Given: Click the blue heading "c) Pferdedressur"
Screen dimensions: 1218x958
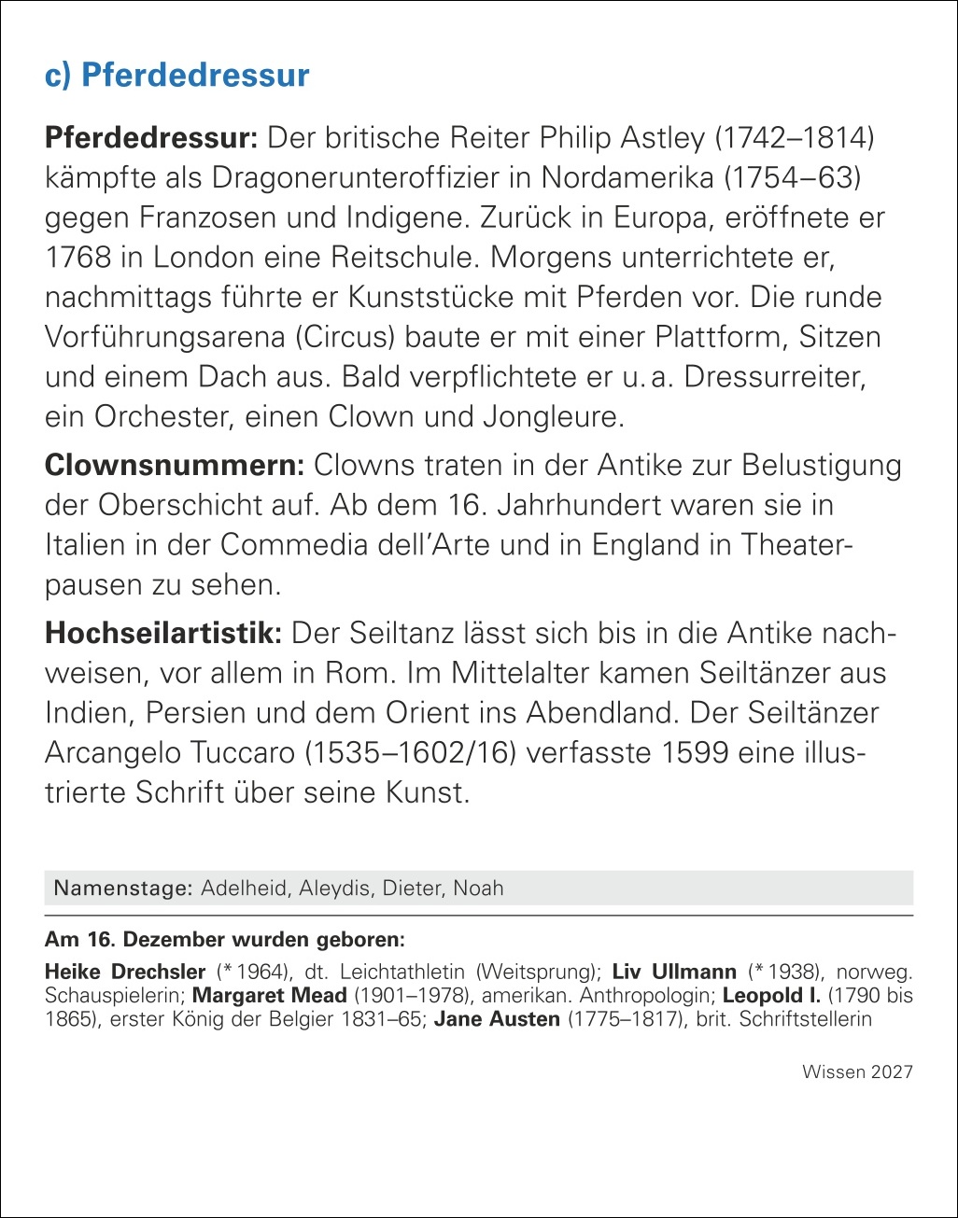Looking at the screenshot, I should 177,76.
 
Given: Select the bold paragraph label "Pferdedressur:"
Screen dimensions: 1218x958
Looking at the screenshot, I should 151,139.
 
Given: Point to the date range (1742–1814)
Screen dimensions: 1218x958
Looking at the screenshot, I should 794,139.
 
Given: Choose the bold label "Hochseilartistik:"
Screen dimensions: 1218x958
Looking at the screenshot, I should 163,634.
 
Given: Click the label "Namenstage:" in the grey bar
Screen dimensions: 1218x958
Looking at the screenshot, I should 123,888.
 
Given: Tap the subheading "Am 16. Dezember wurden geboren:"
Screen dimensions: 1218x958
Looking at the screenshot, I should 224,940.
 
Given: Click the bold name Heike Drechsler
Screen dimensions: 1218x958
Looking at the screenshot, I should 124,972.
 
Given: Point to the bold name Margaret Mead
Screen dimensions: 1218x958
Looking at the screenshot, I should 269,995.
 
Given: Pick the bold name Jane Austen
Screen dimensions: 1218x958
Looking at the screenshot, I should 496,1019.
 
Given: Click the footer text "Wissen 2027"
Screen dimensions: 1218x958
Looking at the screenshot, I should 857,1072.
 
